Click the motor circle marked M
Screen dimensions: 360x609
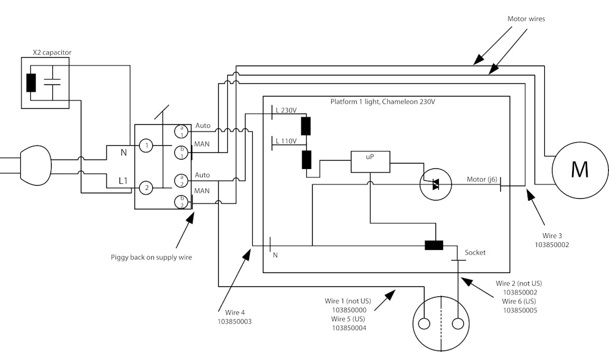(579, 169)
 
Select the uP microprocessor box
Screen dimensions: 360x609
(370, 161)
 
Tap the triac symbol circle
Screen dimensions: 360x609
(436, 184)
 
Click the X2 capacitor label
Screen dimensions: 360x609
(52, 52)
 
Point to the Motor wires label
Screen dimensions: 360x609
(526, 19)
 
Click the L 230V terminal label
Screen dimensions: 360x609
(286, 110)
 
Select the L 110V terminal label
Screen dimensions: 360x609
(286, 141)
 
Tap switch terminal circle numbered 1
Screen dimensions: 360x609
(146, 145)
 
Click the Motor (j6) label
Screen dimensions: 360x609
(482, 179)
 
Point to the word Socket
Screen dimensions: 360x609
(475, 252)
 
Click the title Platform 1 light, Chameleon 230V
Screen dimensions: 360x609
(382, 102)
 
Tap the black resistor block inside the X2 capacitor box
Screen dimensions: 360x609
(31, 83)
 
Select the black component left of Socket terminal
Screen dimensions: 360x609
(434, 245)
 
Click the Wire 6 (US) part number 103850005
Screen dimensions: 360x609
(520, 310)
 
